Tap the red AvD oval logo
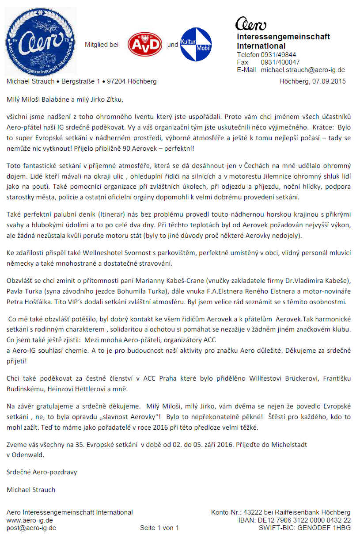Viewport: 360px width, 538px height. [144, 45]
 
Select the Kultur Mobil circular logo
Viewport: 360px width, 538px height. [196, 45]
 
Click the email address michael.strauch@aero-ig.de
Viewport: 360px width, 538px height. [303, 70]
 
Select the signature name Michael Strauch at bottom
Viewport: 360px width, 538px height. [30, 489]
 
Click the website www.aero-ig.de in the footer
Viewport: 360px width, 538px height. [27, 520]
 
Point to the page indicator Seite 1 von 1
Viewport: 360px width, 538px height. [159, 528]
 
